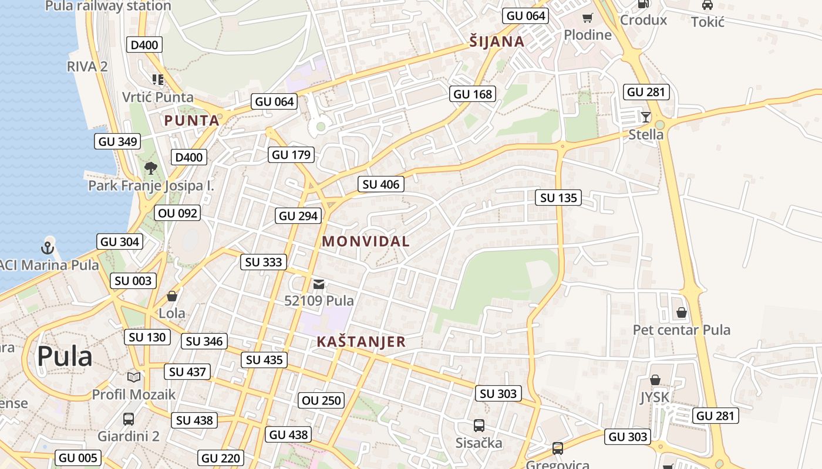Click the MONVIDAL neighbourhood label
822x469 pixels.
(366, 241)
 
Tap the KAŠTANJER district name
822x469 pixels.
(361, 342)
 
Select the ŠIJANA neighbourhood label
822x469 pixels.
(497, 42)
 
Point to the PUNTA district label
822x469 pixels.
(191, 121)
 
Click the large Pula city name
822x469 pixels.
(65, 356)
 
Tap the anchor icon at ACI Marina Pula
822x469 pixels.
(48, 247)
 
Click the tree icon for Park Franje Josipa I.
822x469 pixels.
(151, 168)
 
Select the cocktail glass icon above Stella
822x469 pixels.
(646, 117)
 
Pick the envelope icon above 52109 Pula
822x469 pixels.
(318, 284)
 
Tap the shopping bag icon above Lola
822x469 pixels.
(172, 296)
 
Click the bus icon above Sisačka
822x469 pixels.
(479, 425)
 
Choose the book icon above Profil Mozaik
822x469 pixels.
(134, 377)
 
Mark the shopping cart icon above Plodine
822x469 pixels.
(587, 18)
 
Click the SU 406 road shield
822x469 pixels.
(381, 184)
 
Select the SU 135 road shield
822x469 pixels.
(558, 198)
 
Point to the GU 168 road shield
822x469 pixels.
(473, 94)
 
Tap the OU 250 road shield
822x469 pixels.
(321, 400)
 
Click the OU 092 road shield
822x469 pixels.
(178, 213)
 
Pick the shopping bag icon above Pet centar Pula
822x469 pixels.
(681, 312)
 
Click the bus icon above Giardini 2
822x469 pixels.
(128, 419)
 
